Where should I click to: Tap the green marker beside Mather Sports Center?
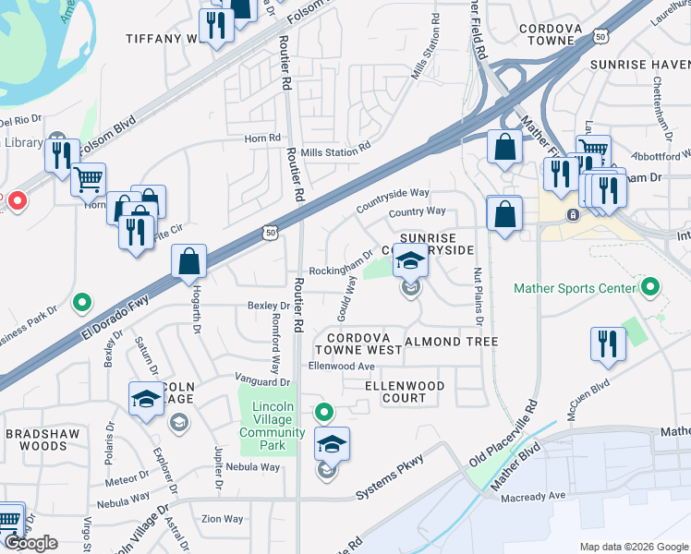tap(650, 288)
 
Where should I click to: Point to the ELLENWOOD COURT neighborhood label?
tap(405, 391)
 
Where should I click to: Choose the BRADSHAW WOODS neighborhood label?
tap(37, 440)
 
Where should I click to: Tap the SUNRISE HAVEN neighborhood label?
tap(642, 65)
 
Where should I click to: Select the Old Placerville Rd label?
tap(504, 433)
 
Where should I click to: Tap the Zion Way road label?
tap(222, 520)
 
